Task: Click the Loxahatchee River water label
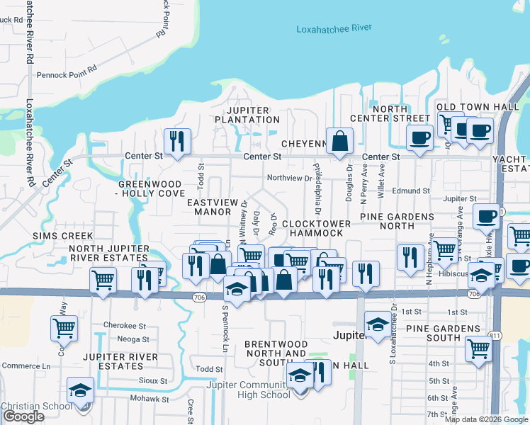[334, 30]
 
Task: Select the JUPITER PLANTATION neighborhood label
[248, 115]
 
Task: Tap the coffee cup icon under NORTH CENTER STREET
[420, 137]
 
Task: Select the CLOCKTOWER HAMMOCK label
[316, 228]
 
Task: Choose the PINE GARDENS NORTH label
[397, 221]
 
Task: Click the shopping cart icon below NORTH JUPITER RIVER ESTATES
[103, 280]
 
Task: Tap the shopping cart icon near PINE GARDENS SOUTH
[479, 348]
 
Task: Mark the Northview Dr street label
[289, 178]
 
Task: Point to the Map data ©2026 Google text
[485, 419]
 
